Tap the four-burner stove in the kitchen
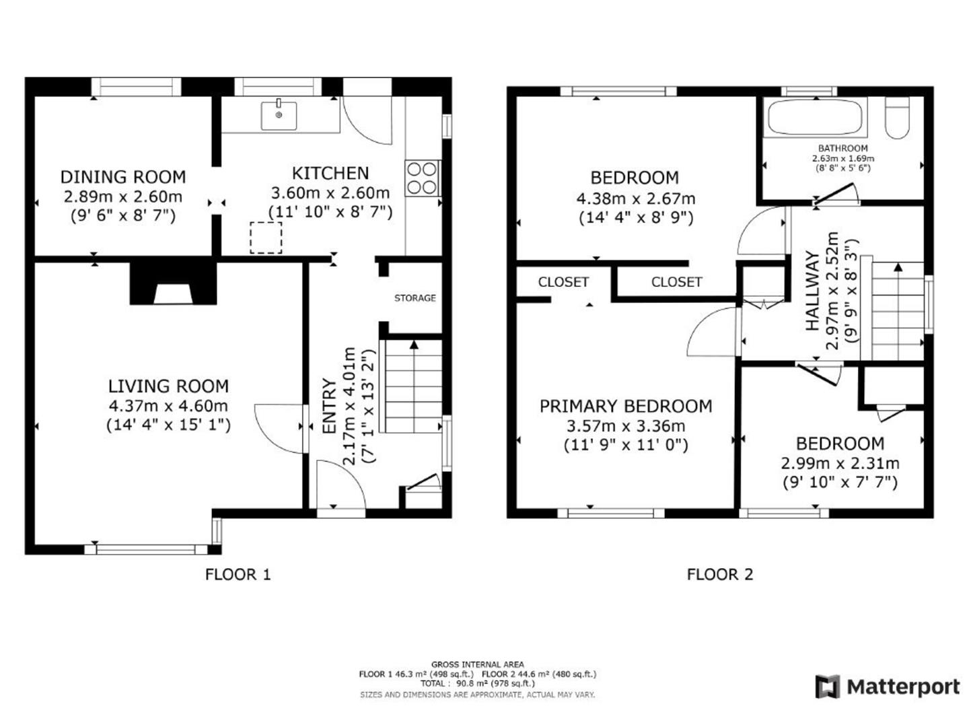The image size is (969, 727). click(x=422, y=178)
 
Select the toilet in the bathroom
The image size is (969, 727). click(x=896, y=118)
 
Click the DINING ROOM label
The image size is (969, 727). click(x=123, y=177)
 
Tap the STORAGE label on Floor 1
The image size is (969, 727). click(x=415, y=298)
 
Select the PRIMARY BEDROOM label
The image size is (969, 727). click(x=626, y=406)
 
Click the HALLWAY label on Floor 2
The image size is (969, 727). click(x=812, y=290)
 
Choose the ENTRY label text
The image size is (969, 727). click(x=329, y=406)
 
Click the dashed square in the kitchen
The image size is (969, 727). click(x=266, y=238)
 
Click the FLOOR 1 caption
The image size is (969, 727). click(x=238, y=575)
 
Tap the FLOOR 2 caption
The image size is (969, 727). click(x=719, y=575)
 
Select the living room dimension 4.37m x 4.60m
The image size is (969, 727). click(x=168, y=406)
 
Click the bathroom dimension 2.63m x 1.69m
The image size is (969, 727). click(x=843, y=158)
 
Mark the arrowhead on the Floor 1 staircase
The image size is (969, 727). click(x=414, y=344)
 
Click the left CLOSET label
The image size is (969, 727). click(x=563, y=282)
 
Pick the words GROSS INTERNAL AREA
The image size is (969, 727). click(x=478, y=664)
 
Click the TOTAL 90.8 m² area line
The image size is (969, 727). click(x=478, y=683)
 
